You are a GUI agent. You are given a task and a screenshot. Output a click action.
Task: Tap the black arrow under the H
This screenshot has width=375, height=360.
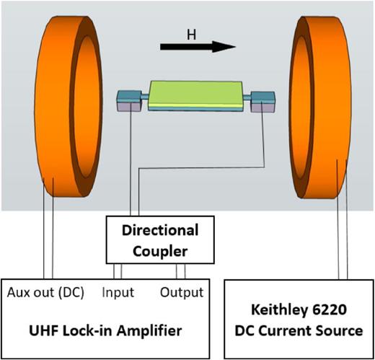tap(198, 47)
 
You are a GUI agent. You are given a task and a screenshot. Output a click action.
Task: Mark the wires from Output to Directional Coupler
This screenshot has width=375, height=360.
tap(182, 271)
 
